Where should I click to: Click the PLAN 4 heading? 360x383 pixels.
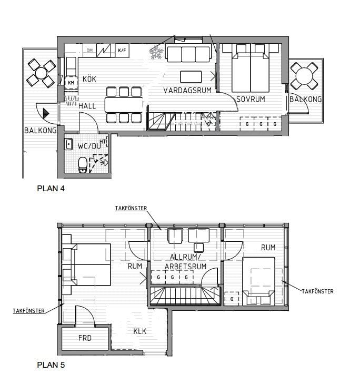51,188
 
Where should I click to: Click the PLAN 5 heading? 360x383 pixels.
51,365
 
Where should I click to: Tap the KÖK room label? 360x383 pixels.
89,79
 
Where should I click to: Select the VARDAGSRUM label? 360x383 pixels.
187,91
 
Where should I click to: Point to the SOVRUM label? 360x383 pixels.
251,99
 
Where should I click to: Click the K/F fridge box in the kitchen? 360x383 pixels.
122,51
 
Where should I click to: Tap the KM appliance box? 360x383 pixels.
71,83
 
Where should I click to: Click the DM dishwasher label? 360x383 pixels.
90,51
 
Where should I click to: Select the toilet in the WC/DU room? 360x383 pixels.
83,165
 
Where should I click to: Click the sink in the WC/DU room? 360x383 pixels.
68,144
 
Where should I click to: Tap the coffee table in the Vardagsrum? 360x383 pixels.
191,77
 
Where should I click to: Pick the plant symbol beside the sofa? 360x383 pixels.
156,53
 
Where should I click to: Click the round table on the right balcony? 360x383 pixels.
304,76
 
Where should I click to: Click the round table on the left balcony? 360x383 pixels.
41,73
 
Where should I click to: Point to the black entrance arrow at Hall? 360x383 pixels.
46,113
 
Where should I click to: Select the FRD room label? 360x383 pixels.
85,338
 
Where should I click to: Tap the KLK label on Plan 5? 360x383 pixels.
140,331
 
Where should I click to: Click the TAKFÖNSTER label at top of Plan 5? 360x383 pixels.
131,208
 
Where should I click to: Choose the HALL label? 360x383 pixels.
87,106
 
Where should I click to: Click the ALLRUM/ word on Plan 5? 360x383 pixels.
185,257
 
